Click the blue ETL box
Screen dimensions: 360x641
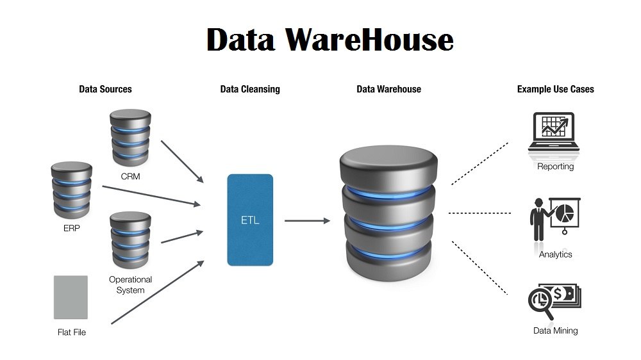[x=250, y=220]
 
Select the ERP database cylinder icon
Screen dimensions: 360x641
[x=71, y=190]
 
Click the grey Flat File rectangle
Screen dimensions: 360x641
[x=71, y=297]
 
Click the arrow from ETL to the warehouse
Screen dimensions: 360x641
[x=307, y=221]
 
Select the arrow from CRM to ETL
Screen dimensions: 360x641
[x=182, y=161]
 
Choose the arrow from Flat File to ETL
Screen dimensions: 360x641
[x=157, y=293]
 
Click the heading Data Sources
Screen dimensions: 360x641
[x=105, y=89]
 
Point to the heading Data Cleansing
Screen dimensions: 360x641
[x=250, y=89]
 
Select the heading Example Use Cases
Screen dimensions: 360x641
[x=555, y=89]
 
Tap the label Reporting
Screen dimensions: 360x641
[x=556, y=167]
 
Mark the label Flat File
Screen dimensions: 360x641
[x=71, y=332]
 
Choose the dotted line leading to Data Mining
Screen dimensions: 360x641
[x=480, y=268]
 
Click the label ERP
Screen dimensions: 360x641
[x=72, y=227]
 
